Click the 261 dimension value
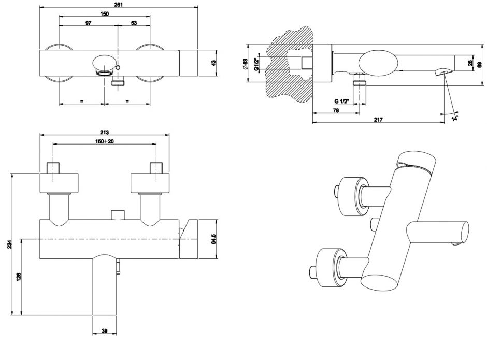[x=119, y=4]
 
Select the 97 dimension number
[x=89, y=23]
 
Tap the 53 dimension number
[x=134, y=23]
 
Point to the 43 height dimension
[x=214, y=63]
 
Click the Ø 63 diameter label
[x=246, y=64]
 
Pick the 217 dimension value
[x=378, y=120]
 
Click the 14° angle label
[x=455, y=119]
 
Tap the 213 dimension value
[x=105, y=131]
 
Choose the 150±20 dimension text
[x=105, y=141]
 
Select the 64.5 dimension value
[x=213, y=239]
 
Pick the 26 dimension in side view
[x=469, y=64]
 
